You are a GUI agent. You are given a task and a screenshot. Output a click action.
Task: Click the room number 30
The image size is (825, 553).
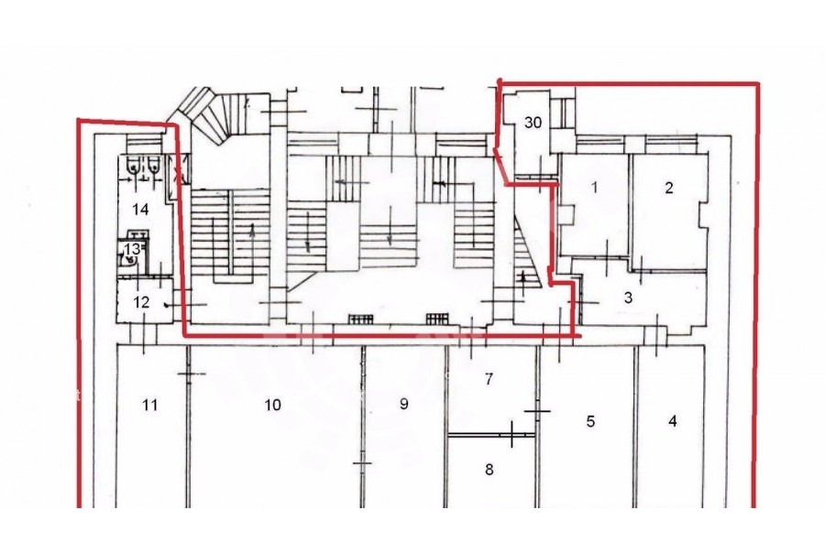click(x=533, y=123)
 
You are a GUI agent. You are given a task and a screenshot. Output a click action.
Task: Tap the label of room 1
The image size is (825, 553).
click(x=595, y=187)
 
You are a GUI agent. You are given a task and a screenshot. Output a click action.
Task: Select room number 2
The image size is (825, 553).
click(x=669, y=188)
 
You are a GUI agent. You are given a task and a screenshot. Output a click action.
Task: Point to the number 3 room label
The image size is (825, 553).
click(x=628, y=298)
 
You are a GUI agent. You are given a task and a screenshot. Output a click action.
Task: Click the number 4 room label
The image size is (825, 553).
click(x=673, y=421)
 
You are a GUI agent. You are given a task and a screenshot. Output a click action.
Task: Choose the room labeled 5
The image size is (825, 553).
click(x=590, y=421)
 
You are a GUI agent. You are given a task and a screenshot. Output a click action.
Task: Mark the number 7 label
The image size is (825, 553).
click(x=489, y=378)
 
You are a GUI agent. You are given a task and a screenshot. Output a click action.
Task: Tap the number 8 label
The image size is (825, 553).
click(x=489, y=469)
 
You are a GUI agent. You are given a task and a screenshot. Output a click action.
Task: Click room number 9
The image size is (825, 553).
click(x=403, y=403)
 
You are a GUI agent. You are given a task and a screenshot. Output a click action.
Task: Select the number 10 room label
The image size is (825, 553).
click(x=272, y=405)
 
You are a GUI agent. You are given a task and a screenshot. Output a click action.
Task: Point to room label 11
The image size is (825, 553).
click(x=150, y=405)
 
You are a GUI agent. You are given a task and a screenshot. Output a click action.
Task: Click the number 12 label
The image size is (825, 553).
click(x=141, y=302)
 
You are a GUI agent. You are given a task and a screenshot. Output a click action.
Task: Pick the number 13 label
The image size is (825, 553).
click(x=132, y=248)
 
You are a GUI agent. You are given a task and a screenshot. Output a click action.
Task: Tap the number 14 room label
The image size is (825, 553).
click(x=140, y=210)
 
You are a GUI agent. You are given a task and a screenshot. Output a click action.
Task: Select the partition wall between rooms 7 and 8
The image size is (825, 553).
click(x=491, y=435)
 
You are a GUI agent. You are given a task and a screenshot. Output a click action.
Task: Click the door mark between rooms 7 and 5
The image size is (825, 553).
click(x=537, y=411)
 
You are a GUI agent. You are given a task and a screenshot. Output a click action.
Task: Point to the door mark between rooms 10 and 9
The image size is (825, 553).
click(x=362, y=463)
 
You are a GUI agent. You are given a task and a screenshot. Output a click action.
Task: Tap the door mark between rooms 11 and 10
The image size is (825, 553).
click(x=188, y=374)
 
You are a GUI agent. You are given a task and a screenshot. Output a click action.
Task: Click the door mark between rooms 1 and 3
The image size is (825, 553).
click(x=607, y=257)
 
